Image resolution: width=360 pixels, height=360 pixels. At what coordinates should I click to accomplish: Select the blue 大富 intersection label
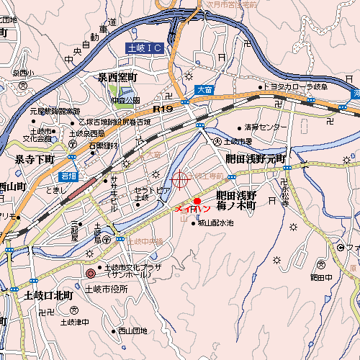tap(204, 90)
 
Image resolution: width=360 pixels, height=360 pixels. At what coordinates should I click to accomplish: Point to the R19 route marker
tap(163, 108)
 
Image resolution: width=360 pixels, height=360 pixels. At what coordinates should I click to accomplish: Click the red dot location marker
tap(197, 201)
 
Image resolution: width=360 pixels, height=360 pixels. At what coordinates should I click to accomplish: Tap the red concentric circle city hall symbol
tap(90, 274)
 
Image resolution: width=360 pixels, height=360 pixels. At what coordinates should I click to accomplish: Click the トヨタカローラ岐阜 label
tap(295, 87)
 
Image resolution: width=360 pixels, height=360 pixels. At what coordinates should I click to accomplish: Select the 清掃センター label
tap(265, 127)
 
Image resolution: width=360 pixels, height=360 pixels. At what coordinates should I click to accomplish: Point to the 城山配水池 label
tap(215, 223)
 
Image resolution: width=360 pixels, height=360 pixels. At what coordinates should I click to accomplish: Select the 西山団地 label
tap(132, 331)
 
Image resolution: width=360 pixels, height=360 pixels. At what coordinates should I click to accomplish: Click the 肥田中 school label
tap(320, 276)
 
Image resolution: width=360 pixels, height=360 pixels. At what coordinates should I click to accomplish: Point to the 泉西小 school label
tap(23, 73)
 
